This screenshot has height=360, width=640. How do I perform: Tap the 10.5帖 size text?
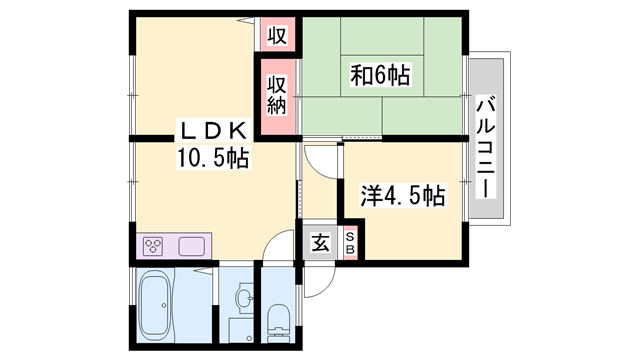[212, 157]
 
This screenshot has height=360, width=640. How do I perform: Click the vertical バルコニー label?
[487, 145]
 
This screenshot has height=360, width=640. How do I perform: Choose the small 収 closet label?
[277, 36]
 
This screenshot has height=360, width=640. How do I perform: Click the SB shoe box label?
[351, 242]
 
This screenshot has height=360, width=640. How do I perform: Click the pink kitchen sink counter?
[191, 245]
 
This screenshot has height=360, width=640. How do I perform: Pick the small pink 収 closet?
[277, 36]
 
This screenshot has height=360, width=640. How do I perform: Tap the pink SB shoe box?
[351, 242]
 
